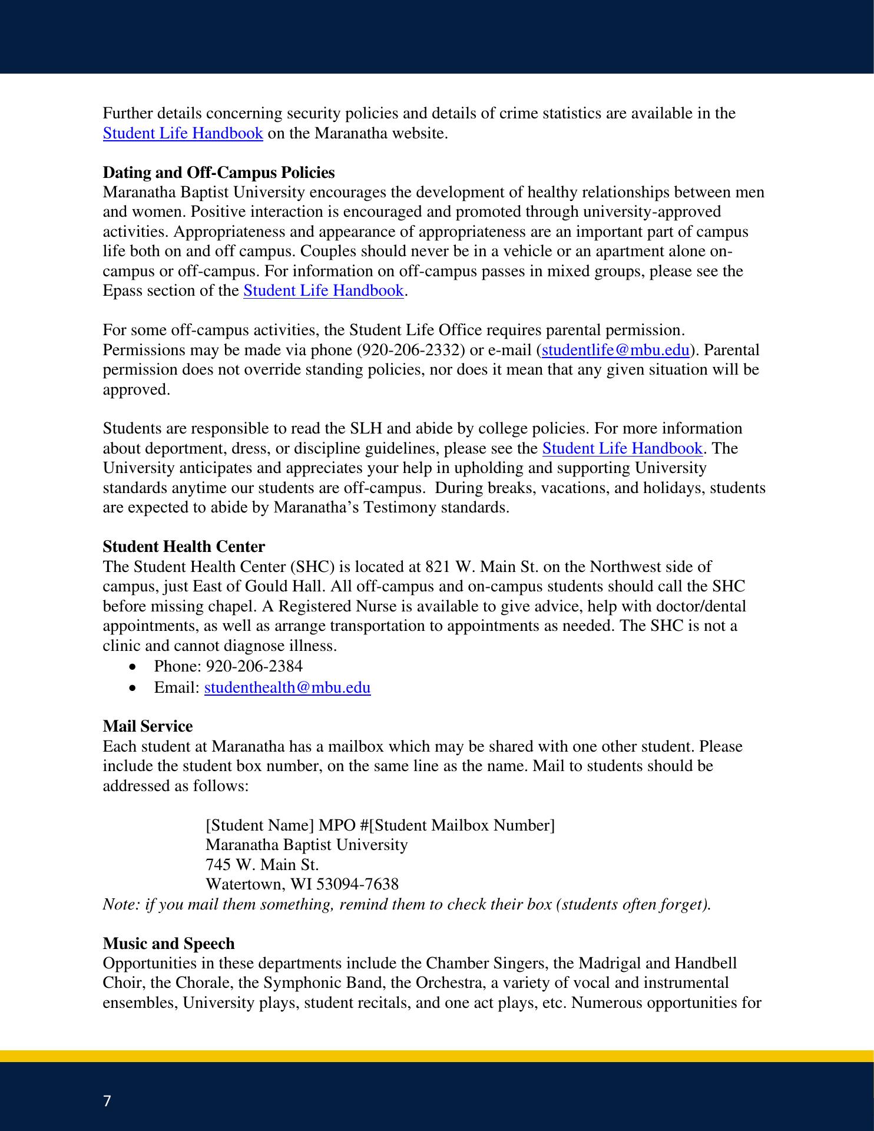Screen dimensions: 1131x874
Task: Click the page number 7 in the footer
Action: (107, 1101)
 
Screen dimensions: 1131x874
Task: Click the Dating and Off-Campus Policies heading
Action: (218, 173)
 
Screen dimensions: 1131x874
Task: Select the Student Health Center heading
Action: (184, 547)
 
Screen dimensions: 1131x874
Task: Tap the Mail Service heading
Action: (147, 726)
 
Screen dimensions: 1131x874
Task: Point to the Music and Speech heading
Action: (168, 944)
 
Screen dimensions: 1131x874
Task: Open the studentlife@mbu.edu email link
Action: (615, 350)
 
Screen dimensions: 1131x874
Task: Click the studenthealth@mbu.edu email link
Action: (287, 687)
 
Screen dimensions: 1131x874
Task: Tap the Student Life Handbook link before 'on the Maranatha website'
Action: (183, 133)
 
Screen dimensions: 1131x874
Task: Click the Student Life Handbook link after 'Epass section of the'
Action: (323, 291)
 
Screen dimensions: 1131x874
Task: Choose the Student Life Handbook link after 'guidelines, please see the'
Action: (622, 448)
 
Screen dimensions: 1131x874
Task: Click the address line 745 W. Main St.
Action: (262, 865)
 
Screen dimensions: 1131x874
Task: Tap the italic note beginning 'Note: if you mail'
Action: (406, 904)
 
